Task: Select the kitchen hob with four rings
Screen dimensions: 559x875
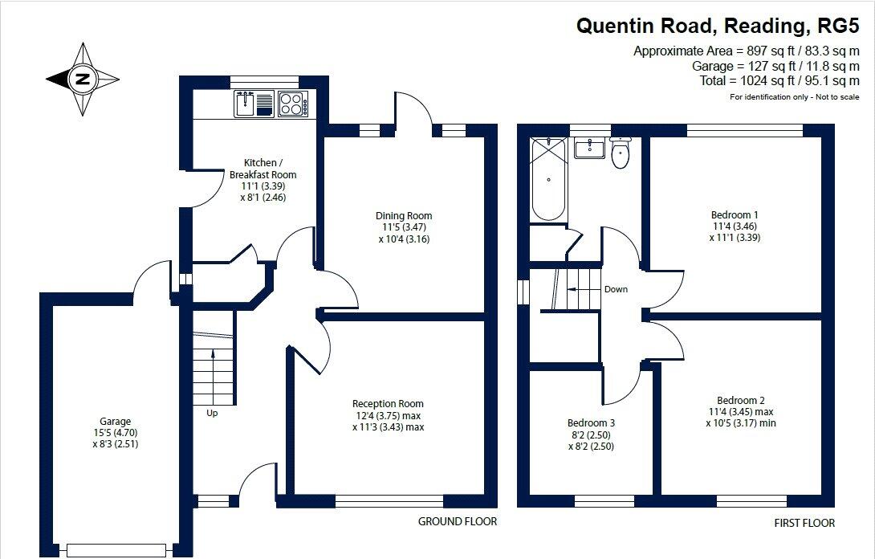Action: click(294, 104)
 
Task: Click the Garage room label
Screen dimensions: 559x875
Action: click(115, 432)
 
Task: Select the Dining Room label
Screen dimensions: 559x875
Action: click(404, 226)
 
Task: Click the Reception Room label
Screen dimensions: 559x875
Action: click(388, 415)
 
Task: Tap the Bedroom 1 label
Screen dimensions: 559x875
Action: click(735, 226)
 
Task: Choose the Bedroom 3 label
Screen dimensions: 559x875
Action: click(591, 434)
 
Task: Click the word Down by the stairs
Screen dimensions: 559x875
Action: click(616, 289)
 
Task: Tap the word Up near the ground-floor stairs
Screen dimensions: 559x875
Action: click(212, 414)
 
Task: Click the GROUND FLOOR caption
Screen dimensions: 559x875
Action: click(458, 521)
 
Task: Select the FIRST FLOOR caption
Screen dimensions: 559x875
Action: click(804, 523)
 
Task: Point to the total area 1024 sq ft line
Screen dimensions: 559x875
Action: click(759, 80)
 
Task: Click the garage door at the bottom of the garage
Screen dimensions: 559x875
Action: click(117, 549)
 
